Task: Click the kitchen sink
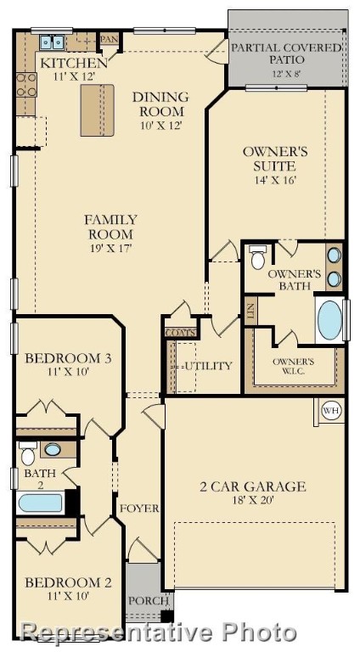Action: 53,42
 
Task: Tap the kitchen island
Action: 98,110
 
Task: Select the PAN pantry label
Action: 110,39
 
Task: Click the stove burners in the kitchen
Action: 26,85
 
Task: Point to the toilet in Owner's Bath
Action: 258,257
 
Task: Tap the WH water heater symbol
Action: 332,411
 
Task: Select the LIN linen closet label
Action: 250,311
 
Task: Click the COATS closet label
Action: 180,333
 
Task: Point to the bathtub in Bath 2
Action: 40,503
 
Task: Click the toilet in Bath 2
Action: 28,453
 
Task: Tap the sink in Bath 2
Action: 53,449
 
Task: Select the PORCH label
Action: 148,601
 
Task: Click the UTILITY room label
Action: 208,366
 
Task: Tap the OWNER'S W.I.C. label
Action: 293,367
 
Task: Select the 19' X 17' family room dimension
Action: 110,248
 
